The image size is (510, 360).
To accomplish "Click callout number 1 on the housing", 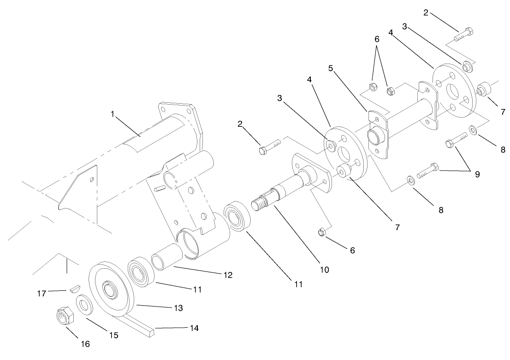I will pos(112,114).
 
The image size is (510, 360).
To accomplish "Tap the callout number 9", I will pos(477,174).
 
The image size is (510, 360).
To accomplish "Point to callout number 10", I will pos(324,269).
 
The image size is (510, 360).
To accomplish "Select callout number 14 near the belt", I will pos(194,328).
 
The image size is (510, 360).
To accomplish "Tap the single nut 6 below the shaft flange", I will pos(323,232).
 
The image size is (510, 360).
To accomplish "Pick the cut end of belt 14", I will pos(152,332).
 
